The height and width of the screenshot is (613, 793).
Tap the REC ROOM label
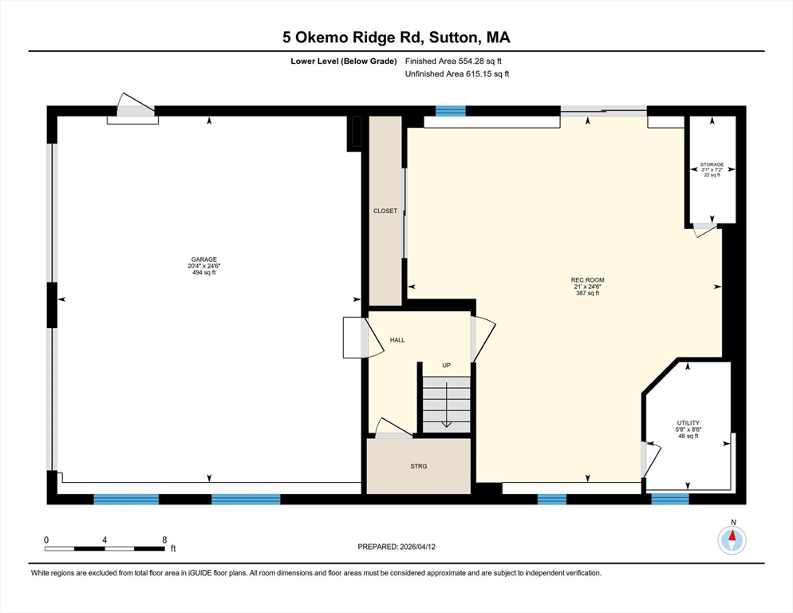click(x=587, y=280)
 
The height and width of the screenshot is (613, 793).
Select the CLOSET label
click(x=385, y=212)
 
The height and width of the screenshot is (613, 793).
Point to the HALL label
click(x=397, y=340)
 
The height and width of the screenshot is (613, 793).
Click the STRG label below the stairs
click(x=418, y=466)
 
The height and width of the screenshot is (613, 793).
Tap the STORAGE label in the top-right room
click(x=712, y=164)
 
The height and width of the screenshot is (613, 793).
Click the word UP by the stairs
click(x=447, y=365)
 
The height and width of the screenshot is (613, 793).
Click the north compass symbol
click(x=731, y=540)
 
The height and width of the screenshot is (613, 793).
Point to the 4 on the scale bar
click(x=105, y=540)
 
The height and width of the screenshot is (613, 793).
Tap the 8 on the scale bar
click(x=164, y=540)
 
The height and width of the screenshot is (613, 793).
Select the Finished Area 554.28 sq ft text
click(x=453, y=61)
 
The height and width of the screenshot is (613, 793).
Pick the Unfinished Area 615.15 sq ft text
click(x=457, y=74)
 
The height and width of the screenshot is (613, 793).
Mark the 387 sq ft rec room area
click(x=587, y=293)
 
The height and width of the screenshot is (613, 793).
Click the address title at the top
click(x=396, y=37)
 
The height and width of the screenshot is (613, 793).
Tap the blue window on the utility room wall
click(x=669, y=499)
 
